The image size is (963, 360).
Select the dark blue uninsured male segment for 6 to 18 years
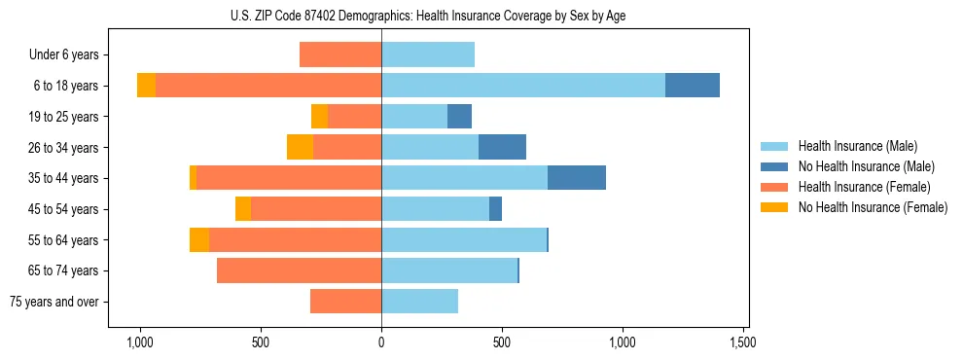coord(692,86)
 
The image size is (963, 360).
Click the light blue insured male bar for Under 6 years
coord(428,54)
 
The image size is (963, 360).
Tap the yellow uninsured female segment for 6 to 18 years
coord(146,86)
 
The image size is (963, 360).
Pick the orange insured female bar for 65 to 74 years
coord(299,270)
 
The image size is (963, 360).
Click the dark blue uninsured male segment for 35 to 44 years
coord(577,178)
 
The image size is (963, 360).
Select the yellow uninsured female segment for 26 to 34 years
coord(300,147)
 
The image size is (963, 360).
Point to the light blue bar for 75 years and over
coord(419,302)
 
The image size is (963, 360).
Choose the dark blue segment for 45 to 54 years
coord(495,209)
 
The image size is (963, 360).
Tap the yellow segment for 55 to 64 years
coord(199,239)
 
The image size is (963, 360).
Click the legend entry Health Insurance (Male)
coord(856,146)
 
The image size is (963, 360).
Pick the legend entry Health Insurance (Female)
coord(864,187)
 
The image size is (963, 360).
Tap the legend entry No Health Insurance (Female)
coord(873,207)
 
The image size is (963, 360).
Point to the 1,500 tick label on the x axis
coord(743,342)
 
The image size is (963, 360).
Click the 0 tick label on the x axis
coord(381,342)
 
